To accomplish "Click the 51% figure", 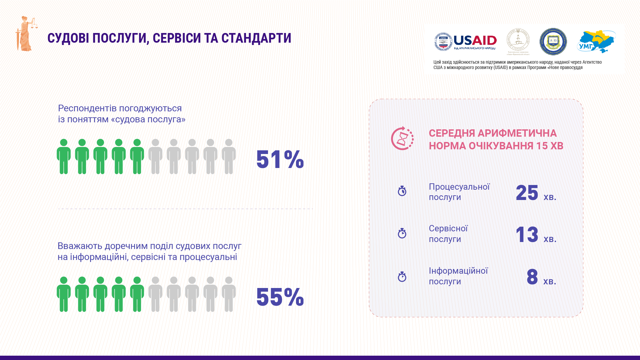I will pos(280,159).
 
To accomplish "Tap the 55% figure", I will pos(280,297).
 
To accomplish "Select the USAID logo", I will pos(465,42).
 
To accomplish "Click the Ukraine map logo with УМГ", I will pos(596,42).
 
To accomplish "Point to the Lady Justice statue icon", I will pos(26,34).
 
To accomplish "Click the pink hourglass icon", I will pos(402,138).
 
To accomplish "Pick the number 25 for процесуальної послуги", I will pos(527,193).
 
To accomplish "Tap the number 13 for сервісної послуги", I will pos(527,235).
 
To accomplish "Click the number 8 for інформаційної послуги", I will pos(532,277).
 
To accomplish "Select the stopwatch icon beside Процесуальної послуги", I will pos(402,191).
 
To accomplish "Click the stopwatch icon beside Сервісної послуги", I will pos(402,233).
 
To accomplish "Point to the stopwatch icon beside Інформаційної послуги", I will pos(402,277).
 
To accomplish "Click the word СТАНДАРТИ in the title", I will pos(256,38).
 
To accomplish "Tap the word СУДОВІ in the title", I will pos(68,38).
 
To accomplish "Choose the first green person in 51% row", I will pos(64,156).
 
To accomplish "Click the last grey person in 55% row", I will pos(229,294).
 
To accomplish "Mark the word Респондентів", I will pos(87,108).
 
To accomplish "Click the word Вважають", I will pos(80,246).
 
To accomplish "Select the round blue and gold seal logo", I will pos(553,42).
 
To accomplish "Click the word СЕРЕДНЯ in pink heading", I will pos(452,133).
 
